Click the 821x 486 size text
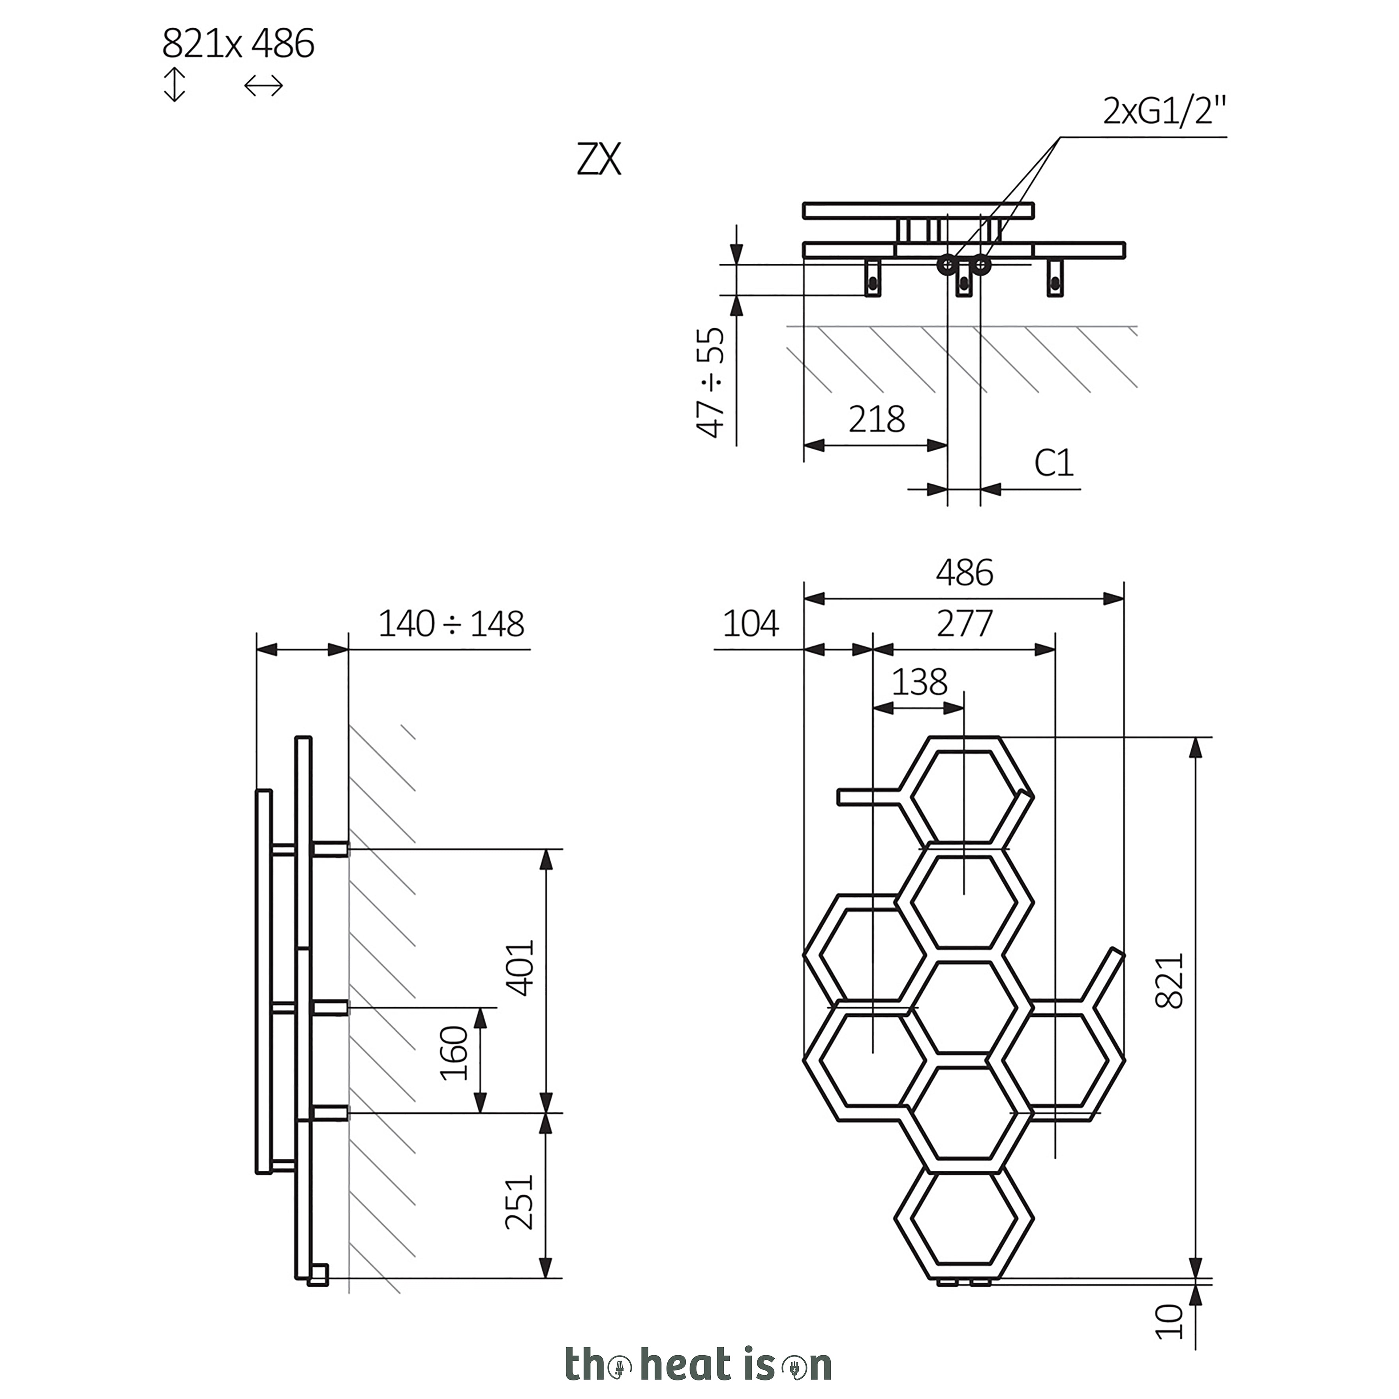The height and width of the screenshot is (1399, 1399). pos(238,44)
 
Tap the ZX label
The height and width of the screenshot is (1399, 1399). pos(599,160)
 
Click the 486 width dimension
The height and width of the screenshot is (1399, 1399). pos(965,573)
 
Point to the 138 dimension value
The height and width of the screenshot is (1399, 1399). pos(919,682)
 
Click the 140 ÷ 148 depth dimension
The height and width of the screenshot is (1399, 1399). pos(451,623)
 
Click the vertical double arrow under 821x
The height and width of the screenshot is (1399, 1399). pos(175,85)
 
